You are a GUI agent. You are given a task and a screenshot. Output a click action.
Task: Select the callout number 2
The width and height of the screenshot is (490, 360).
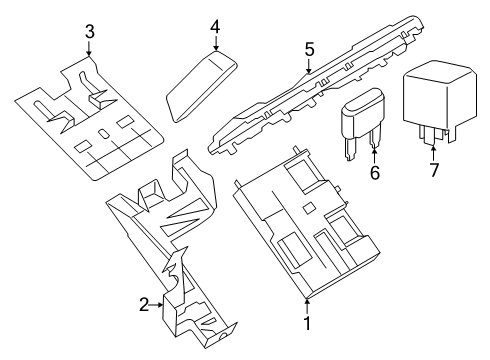143,305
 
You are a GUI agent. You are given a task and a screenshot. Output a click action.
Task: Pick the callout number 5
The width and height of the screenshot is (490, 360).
309,47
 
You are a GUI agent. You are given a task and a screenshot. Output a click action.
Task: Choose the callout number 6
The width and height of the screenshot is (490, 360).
376,172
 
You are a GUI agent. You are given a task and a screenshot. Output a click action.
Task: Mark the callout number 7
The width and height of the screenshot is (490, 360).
434,172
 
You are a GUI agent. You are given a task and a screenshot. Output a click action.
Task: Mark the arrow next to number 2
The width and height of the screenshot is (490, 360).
158,305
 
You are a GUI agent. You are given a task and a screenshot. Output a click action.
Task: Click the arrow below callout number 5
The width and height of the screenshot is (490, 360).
309,65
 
